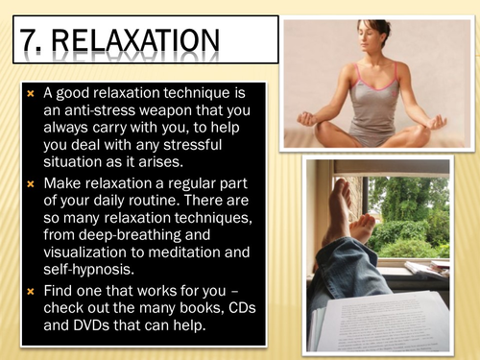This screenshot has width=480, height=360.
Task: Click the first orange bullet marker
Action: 30,94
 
